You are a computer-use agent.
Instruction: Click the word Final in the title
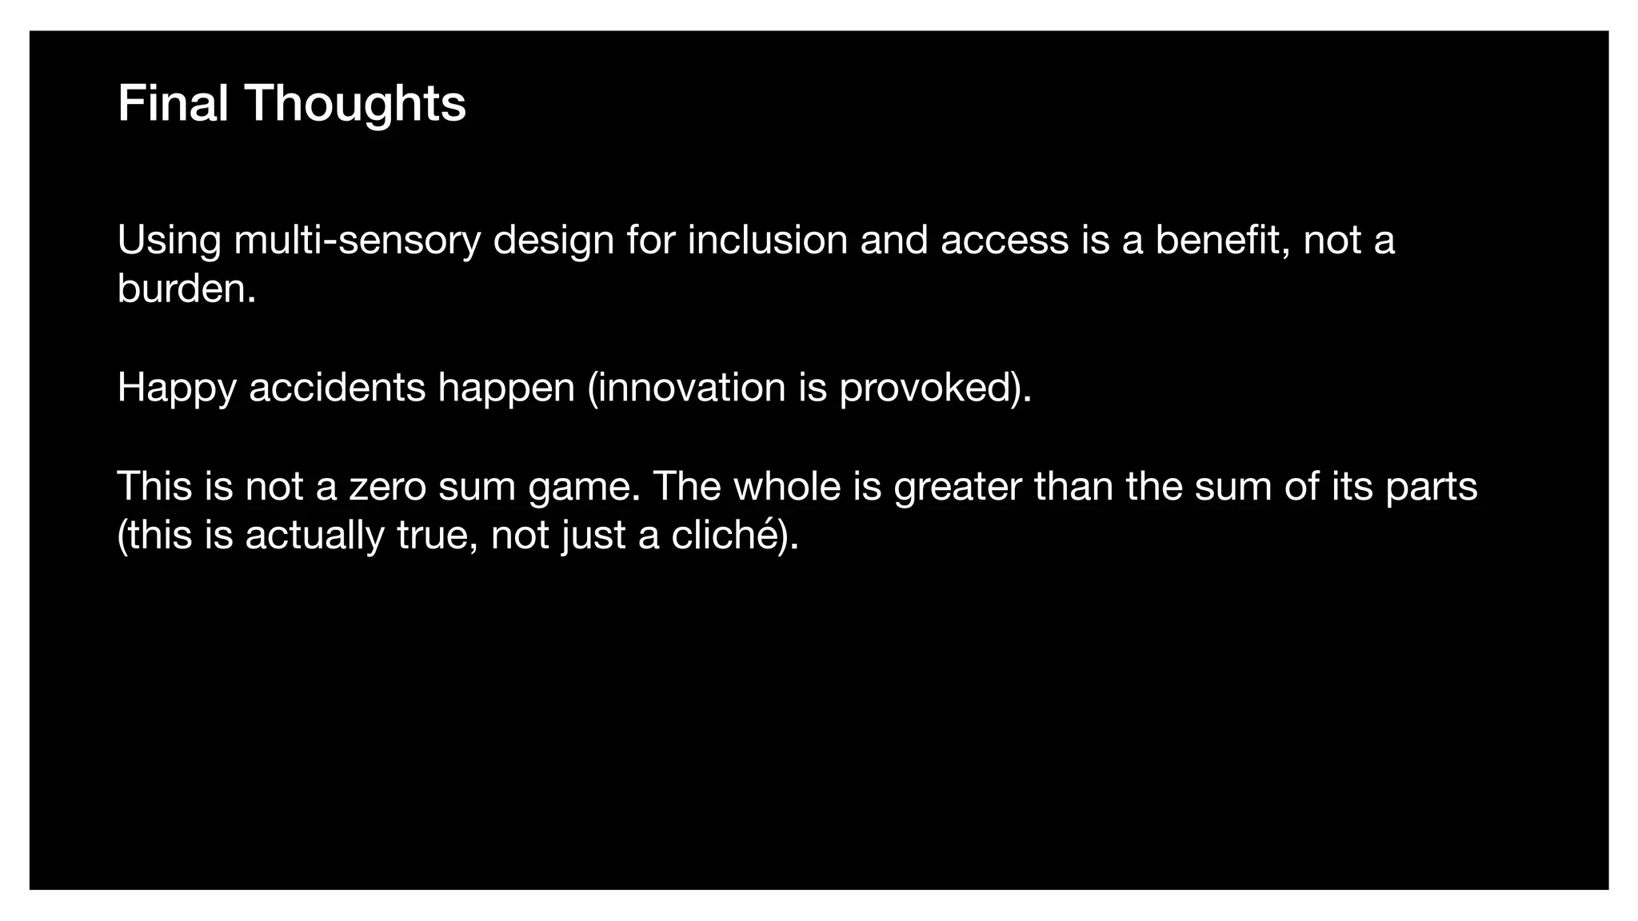(173, 103)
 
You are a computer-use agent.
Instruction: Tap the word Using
(169, 240)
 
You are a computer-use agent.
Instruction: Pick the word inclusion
(767, 240)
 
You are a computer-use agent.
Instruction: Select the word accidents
(337, 388)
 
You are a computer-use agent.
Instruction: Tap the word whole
(787, 486)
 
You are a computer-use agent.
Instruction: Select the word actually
(314, 536)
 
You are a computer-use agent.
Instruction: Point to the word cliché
(725, 535)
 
